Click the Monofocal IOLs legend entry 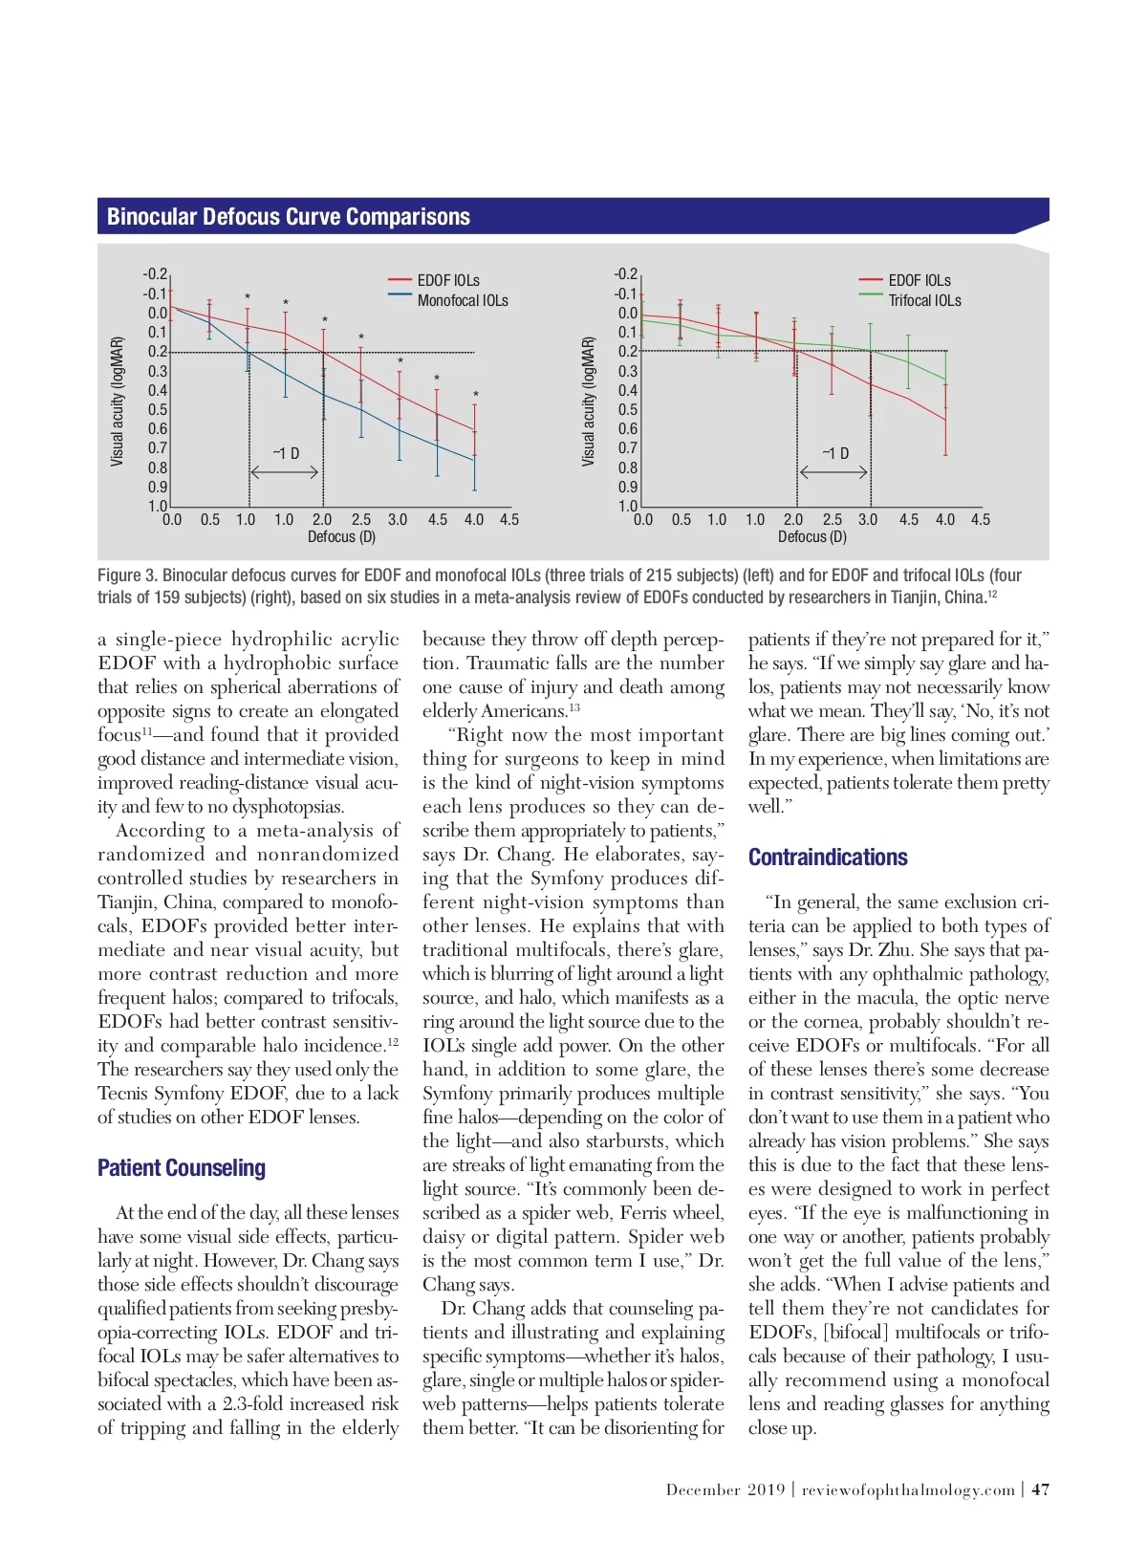463,301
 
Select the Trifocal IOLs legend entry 924,301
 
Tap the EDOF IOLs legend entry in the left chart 448,280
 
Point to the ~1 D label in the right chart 835,453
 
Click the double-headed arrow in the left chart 284,472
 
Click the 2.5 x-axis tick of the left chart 360,520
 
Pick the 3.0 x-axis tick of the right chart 868,520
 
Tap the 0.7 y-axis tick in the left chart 158,448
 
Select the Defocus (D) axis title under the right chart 812,537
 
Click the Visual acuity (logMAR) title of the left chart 118,402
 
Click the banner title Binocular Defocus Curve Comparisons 289,217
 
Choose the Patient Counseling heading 182,1168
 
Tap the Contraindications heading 828,858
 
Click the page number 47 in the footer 1041,1489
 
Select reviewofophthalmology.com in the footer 908,1490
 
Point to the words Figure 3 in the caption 126,576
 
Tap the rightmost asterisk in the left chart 475,395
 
